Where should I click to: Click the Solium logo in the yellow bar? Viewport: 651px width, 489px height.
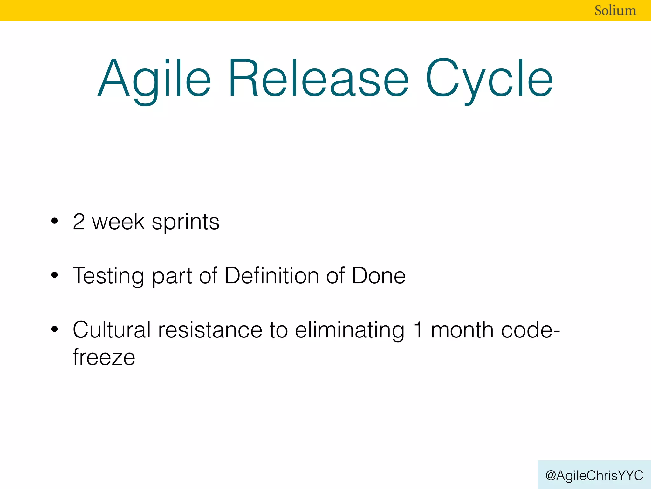point(615,11)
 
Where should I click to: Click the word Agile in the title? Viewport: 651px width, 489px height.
point(154,79)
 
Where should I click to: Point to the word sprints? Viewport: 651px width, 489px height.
point(185,222)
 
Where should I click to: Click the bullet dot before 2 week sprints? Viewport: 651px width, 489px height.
point(55,221)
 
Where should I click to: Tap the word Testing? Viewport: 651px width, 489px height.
point(108,276)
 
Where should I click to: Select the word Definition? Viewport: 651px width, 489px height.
point(271,275)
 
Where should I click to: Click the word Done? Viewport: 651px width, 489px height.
point(378,275)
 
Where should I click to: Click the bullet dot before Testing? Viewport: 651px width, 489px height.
point(55,275)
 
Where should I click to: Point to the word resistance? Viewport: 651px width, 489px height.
point(210,330)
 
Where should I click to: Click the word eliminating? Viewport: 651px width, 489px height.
point(350,330)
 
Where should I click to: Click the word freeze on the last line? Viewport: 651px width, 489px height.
point(104,357)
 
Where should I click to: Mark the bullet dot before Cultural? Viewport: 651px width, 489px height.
point(55,329)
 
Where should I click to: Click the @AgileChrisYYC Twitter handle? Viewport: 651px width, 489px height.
point(594,475)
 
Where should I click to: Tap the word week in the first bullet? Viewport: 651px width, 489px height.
point(118,222)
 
